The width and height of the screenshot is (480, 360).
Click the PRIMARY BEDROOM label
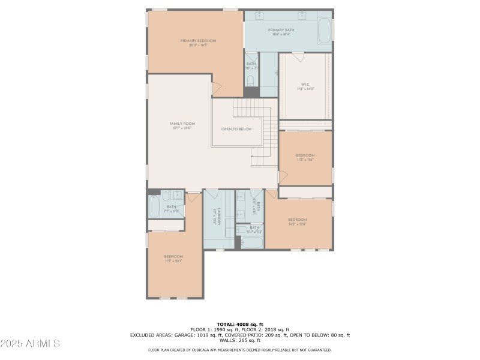(x=198, y=41)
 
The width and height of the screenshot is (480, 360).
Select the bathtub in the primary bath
(x=323, y=31)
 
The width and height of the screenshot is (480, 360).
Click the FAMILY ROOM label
(x=182, y=124)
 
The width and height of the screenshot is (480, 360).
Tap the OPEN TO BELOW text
(x=236, y=129)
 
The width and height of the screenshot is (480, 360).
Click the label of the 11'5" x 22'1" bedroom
(x=173, y=257)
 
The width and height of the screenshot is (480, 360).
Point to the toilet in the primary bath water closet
(x=251, y=80)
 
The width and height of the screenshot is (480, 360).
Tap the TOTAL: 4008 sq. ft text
(x=239, y=324)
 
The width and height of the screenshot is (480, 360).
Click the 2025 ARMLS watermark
(x=30, y=344)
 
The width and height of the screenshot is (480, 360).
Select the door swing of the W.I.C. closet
(x=298, y=56)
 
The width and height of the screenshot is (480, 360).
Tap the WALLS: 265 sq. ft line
(x=239, y=340)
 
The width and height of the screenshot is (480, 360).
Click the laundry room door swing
(x=212, y=194)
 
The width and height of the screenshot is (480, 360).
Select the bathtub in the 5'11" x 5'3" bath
(x=252, y=243)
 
